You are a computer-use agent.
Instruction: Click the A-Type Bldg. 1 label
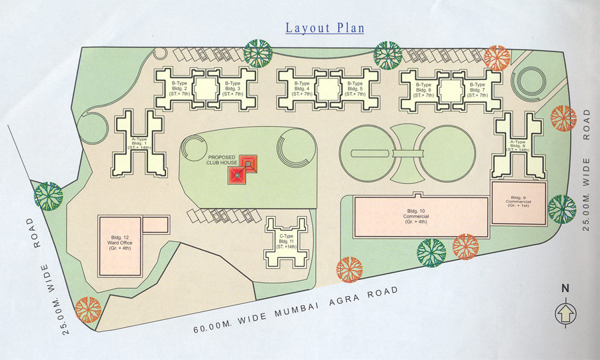(x=139, y=142)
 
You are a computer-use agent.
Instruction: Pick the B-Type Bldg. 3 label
(x=232, y=89)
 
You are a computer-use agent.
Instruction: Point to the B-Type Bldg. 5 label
(x=355, y=89)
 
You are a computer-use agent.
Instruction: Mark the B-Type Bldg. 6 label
(x=424, y=89)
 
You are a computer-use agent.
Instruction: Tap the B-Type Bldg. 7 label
(x=477, y=89)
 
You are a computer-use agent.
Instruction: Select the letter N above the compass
(x=565, y=289)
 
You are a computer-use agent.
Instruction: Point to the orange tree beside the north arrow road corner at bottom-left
(x=87, y=310)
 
